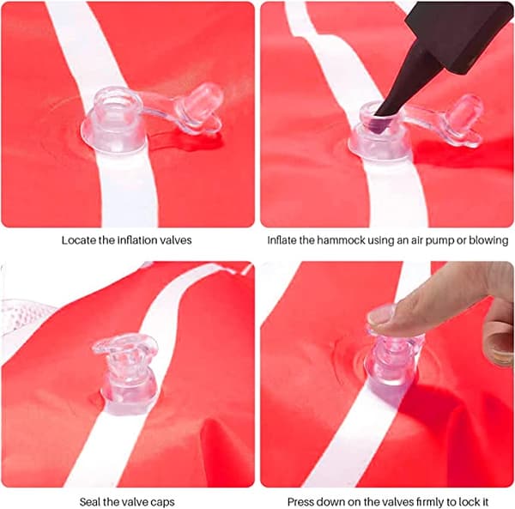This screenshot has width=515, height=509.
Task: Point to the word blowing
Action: point(488,240)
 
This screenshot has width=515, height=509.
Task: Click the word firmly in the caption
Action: point(430,502)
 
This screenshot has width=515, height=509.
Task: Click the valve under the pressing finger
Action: point(393,365)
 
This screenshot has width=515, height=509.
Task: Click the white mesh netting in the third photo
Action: point(23,315)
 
